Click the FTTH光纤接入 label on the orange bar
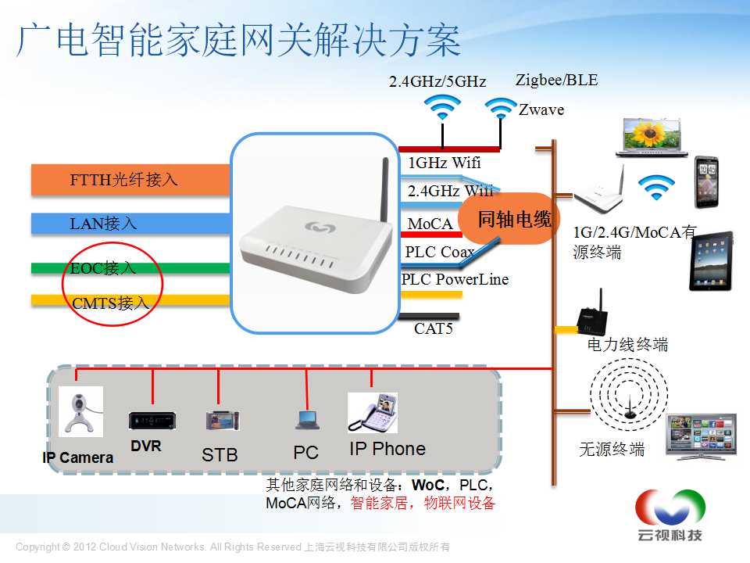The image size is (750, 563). pyautogui.click(x=124, y=180)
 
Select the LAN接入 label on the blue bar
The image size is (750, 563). pyautogui.click(x=103, y=224)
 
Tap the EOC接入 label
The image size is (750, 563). pyautogui.click(x=103, y=267)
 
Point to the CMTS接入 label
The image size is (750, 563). pyautogui.click(x=110, y=303)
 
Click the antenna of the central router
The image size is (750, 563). pyautogui.click(x=384, y=196)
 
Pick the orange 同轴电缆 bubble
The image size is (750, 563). pyautogui.click(x=508, y=219)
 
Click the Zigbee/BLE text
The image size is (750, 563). pyautogui.click(x=557, y=80)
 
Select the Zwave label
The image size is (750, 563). pyautogui.click(x=541, y=109)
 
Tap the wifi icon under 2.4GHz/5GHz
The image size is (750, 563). pyautogui.click(x=442, y=107)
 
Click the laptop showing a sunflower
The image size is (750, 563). pyautogui.click(x=652, y=138)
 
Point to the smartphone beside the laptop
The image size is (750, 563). pyautogui.click(x=706, y=182)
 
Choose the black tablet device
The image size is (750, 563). pyautogui.click(x=711, y=261)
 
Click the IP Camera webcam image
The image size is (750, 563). pyautogui.click(x=80, y=412)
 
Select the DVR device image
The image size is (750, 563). pyautogui.click(x=152, y=421)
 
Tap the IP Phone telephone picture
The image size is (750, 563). pyautogui.click(x=373, y=413)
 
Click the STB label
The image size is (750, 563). pyautogui.click(x=220, y=454)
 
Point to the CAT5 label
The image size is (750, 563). pyautogui.click(x=434, y=328)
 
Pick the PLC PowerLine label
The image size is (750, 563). pyautogui.click(x=455, y=279)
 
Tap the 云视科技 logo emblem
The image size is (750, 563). pyautogui.click(x=670, y=507)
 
